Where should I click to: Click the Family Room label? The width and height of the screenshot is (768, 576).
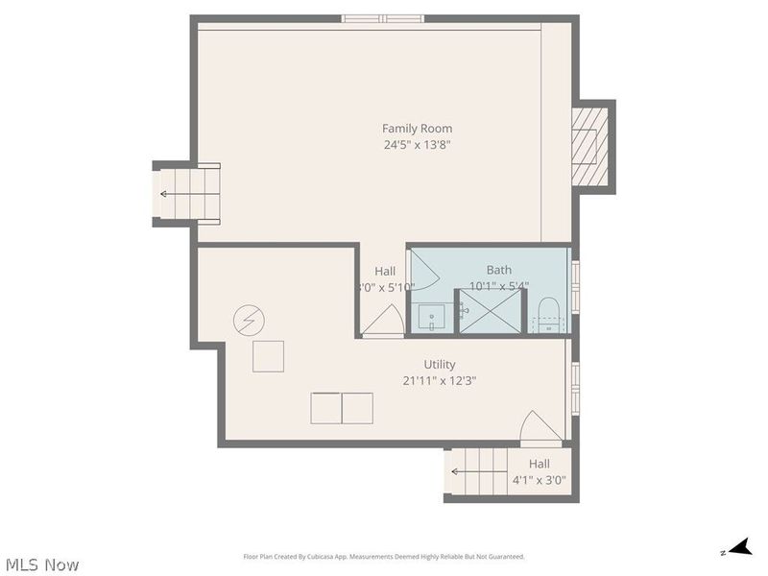417,129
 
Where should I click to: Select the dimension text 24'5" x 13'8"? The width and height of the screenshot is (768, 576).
417,146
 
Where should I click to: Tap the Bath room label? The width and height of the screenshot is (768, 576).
498,271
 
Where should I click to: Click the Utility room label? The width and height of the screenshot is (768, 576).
440,365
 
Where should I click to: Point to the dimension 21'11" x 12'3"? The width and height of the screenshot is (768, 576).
440,381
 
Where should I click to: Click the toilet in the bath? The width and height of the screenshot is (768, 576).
548,313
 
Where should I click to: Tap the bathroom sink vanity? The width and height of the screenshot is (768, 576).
431,316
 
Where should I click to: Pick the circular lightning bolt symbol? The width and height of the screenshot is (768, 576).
249,319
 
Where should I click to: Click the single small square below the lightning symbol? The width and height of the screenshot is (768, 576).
268,356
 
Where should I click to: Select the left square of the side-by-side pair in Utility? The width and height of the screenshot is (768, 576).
325,408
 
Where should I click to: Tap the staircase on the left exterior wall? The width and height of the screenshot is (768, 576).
189,194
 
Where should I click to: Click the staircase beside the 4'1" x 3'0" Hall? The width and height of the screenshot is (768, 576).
476,471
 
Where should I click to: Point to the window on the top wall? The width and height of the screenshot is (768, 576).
383,17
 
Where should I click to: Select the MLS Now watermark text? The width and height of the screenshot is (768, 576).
41,564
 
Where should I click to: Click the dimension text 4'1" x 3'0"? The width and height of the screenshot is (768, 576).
539,480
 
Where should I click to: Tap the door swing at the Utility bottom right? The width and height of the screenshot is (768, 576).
540,428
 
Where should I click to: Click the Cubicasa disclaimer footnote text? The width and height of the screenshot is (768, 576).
384,557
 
